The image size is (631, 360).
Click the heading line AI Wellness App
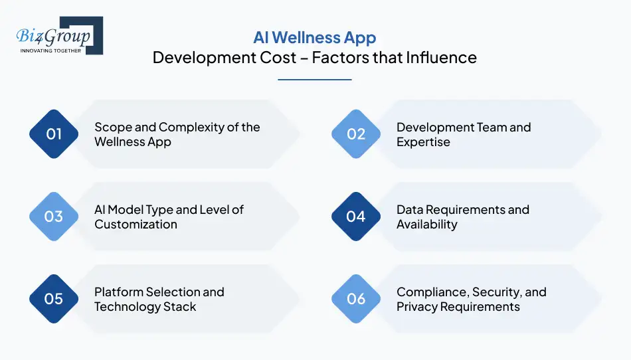(x=314, y=37)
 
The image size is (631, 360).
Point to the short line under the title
(x=314, y=80)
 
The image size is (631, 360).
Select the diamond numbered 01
(x=54, y=134)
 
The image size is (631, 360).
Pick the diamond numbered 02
(x=356, y=134)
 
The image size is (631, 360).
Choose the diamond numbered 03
(x=54, y=217)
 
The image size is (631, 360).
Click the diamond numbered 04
(x=356, y=217)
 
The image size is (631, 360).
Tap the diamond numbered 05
(x=54, y=299)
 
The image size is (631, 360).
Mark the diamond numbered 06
(x=356, y=299)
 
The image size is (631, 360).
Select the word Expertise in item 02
(x=423, y=142)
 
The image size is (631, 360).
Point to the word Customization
(x=135, y=225)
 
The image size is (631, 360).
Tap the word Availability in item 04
(x=426, y=225)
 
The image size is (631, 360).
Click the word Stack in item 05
(x=181, y=307)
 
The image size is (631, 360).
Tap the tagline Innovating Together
(x=51, y=50)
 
